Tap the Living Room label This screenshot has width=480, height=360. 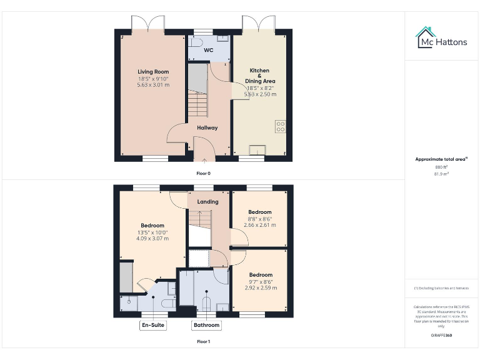[x=150, y=72]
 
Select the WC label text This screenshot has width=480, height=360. [x=208, y=49]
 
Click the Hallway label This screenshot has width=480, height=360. [x=207, y=127]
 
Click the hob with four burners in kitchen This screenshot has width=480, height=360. [x=281, y=127]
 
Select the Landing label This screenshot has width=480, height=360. [x=208, y=202]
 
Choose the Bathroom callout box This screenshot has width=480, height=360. [x=206, y=325]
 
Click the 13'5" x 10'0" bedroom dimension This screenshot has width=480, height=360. [x=152, y=232]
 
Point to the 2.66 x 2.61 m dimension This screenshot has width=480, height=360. [x=260, y=225]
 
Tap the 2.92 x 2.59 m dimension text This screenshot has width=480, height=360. [x=261, y=287]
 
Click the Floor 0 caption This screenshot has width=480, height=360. [x=204, y=172]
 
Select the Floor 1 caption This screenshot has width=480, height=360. [x=204, y=342]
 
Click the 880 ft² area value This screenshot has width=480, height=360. [x=441, y=167]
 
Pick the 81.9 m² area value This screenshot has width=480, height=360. [x=441, y=174]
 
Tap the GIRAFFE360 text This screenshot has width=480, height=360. [x=441, y=336]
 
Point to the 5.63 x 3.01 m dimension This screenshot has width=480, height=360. [x=150, y=84]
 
